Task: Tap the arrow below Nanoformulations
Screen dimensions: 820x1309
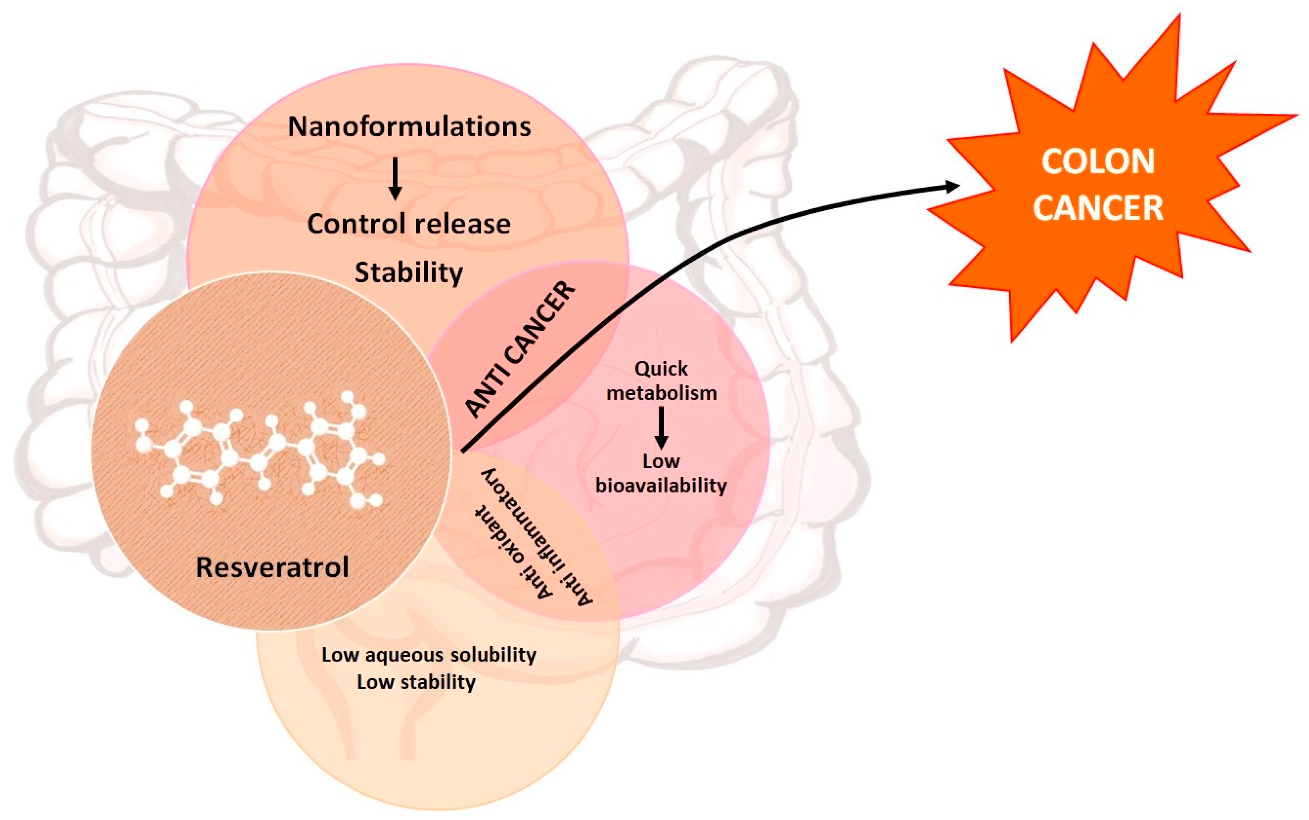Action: coord(396,179)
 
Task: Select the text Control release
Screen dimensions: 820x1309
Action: coord(409,223)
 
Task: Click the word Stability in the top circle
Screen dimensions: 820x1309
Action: coord(409,272)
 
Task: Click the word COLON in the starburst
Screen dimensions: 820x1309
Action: coord(1098,162)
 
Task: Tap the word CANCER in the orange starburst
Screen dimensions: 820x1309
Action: coord(1098,208)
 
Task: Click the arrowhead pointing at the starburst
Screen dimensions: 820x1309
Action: coord(952,187)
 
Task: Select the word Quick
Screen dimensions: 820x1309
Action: coord(661,369)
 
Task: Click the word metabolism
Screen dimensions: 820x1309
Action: coord(661,393)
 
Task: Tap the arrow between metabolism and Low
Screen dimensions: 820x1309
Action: coord(661,428)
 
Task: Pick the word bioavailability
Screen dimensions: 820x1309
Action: coord(661,485)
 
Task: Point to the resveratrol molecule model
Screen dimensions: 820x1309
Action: coord(260,450)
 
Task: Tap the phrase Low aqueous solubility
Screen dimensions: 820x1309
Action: coord(429,655)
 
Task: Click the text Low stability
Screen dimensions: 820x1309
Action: coord(416,682)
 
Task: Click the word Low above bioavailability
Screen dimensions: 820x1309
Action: coord(661,461)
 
